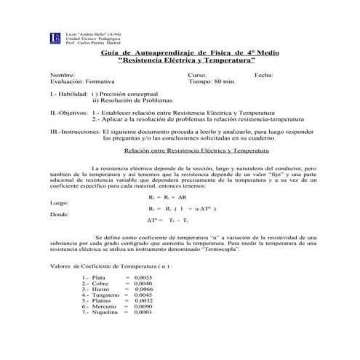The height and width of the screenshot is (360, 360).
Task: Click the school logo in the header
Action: (x=56, y=38)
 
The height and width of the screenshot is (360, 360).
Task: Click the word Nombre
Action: (x=62, y=76)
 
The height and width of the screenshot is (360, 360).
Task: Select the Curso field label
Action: (x=198, y=76)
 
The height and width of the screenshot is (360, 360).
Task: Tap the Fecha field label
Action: (x=265, y=76)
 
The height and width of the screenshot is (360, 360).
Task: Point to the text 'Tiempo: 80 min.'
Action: (x=212, y=83)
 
